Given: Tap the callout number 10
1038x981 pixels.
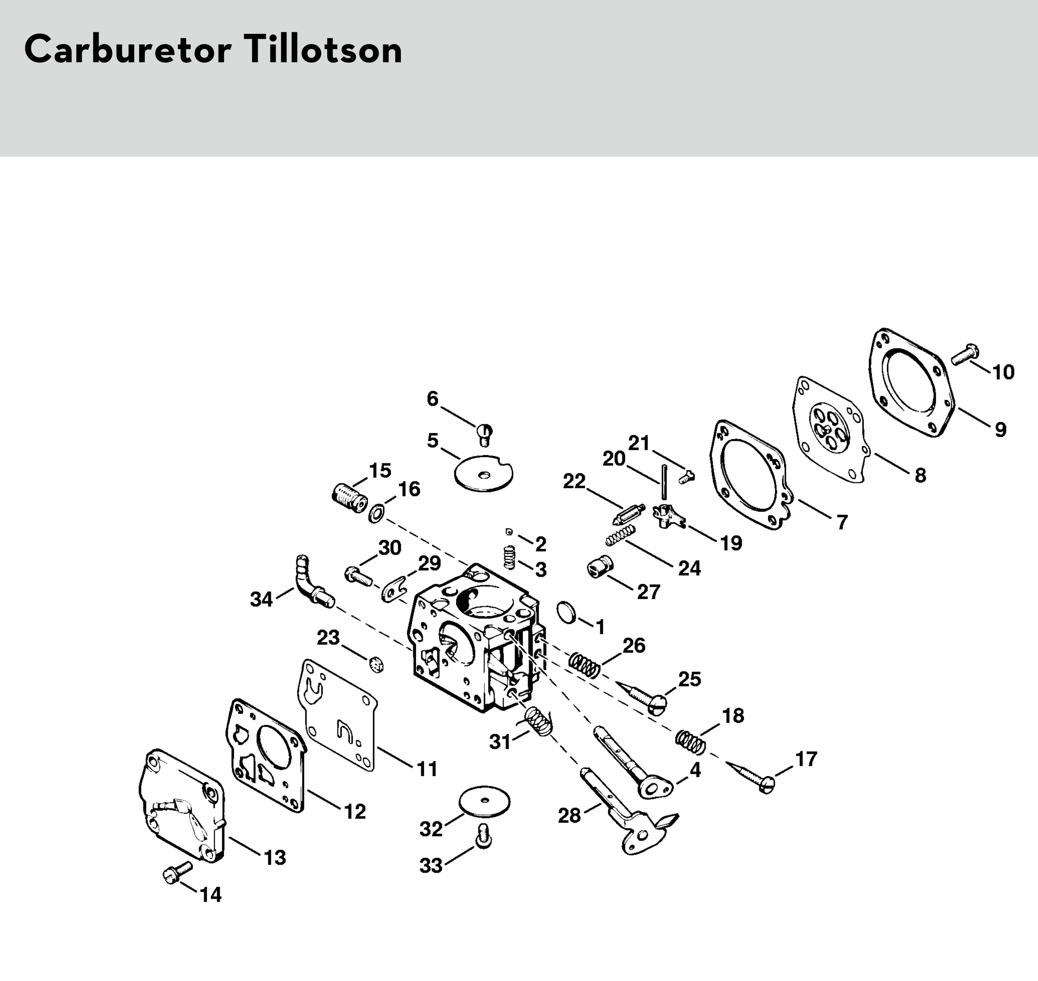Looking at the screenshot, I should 1003,372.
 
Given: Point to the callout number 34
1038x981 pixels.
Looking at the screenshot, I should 261,599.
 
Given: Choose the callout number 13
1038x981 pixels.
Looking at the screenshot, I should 275,858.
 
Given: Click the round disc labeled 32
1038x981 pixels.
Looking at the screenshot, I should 484,801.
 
